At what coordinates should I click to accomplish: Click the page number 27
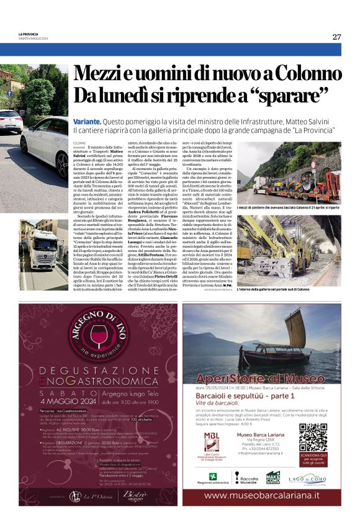(x=336, y=37)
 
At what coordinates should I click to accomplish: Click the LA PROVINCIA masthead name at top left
(x=29, y=34)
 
